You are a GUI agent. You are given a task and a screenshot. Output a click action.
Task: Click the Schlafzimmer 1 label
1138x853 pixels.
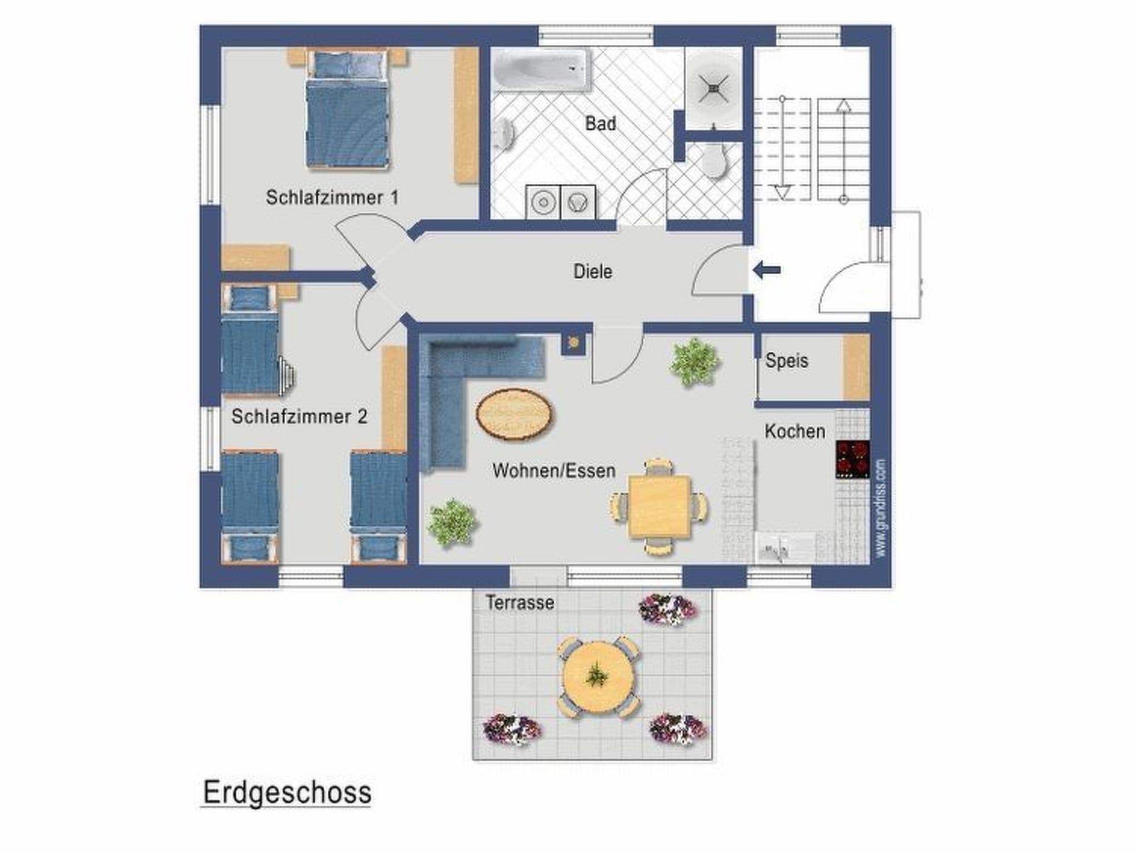[x=332, y=197]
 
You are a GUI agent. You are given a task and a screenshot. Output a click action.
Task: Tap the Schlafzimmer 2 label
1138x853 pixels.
[x=299, y=417]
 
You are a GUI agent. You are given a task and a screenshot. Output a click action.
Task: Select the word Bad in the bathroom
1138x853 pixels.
[x=600, y=123]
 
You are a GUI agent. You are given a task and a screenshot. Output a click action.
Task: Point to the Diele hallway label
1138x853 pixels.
[x=592, y=272]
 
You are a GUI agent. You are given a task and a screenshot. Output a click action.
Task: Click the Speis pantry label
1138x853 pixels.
[x=786, y=361]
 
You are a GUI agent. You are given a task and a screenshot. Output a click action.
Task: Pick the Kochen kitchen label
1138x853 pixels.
[x=794, y=431]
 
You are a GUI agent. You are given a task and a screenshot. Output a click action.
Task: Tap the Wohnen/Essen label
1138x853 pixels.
[x=553, y=471]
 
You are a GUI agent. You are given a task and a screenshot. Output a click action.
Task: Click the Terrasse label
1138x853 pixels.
[x=520, y=603]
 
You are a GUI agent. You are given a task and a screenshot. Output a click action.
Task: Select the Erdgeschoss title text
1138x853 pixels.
[x=287, y=792]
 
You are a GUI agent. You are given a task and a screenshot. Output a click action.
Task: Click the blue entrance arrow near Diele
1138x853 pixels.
[x=766, y=270]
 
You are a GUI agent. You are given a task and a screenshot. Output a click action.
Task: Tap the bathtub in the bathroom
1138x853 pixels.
[x=540, y=69]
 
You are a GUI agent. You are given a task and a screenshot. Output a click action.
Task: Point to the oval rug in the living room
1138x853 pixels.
[x=515, y=415]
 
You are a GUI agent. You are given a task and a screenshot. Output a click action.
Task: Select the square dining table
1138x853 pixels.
[x=660, y=506]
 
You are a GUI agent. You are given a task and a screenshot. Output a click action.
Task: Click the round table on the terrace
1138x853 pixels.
[x=598, y=677]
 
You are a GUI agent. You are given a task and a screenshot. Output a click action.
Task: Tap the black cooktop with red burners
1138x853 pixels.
[x=852, y=459]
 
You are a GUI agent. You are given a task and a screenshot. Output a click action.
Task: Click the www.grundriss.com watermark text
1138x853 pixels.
[x=880, y=508]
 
